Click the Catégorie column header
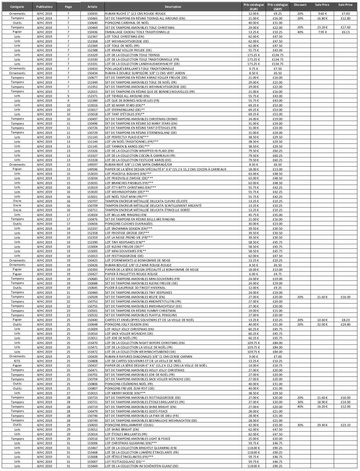pos(17,7)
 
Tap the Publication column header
pos(44,7)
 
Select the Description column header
pos(173,7)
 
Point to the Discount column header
pos(300,5)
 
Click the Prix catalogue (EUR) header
pos(254,7)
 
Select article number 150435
pos(92,14)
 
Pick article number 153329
pos(92,55)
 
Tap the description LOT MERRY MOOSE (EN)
pos(125,393)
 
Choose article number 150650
pos(92,425)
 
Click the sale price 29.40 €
pos(322,425)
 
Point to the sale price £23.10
pos(346,425)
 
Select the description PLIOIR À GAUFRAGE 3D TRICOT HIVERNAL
pos(135,288)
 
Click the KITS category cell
pos(17,361)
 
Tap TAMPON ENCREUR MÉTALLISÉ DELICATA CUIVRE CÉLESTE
pos(146,201)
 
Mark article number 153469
pos(92,466)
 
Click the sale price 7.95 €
pos(322,32)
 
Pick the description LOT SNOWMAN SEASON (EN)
pos(129,229)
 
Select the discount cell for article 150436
pos(300,32)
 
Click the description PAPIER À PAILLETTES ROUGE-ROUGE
pos(131,274)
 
